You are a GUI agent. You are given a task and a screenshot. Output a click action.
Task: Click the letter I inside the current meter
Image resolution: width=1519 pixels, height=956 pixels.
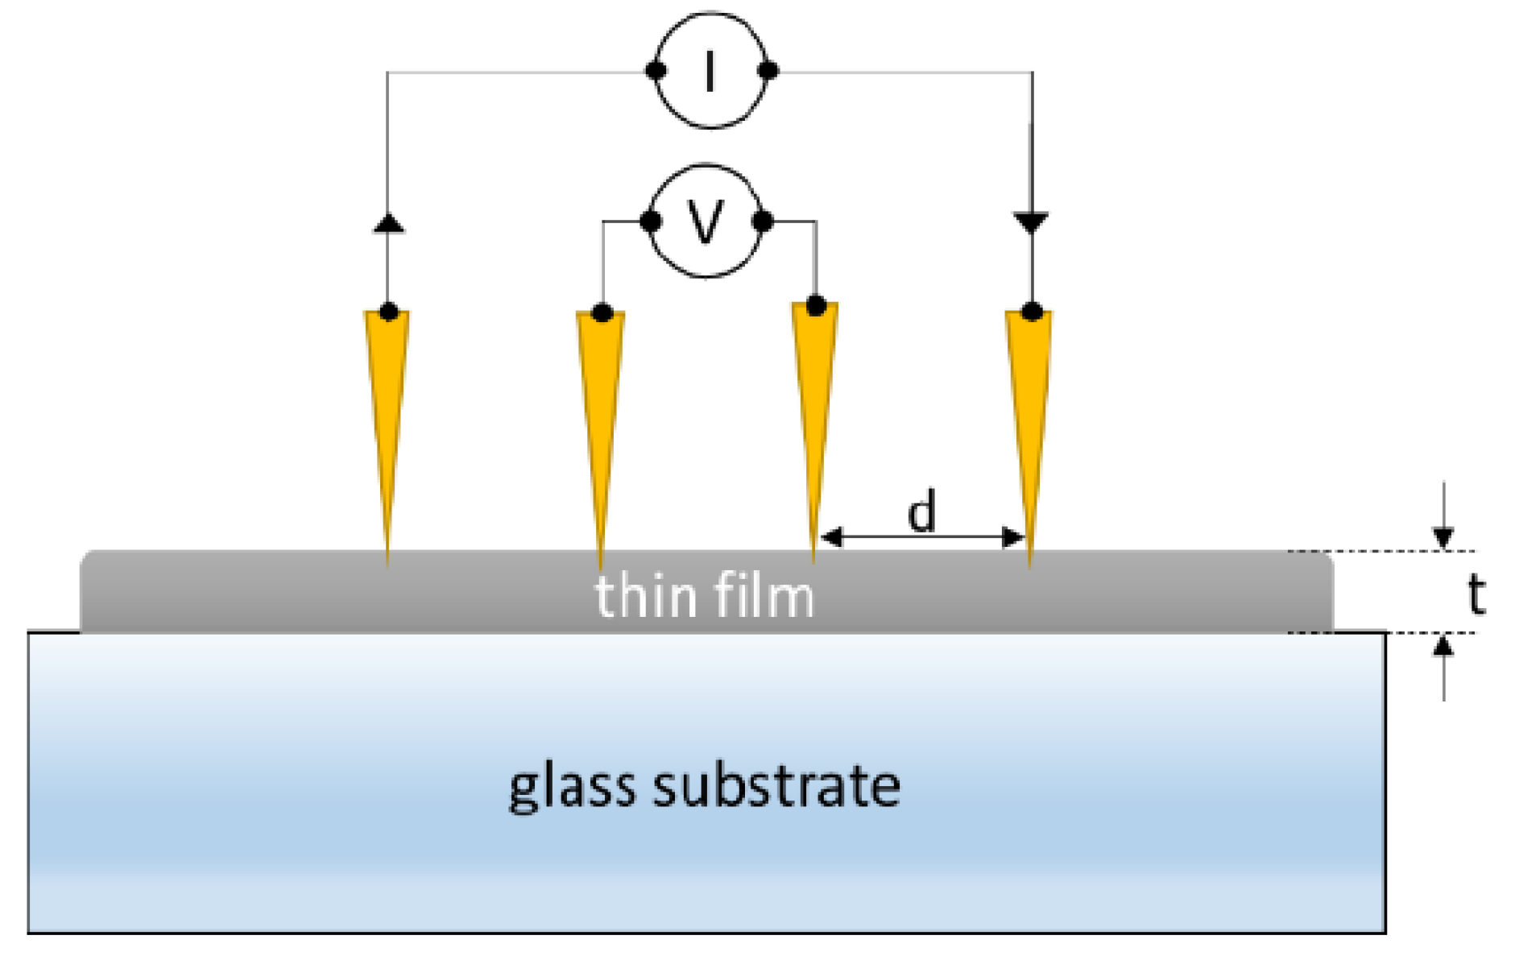710,72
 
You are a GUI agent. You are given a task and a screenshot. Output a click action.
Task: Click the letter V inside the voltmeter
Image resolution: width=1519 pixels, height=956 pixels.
706,221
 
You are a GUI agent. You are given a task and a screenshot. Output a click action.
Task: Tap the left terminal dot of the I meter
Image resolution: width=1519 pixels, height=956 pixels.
656,71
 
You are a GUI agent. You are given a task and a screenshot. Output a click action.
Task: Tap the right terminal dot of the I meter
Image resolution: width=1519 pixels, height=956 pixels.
768,71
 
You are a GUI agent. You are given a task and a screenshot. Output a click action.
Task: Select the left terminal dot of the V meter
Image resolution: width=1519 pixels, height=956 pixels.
651,221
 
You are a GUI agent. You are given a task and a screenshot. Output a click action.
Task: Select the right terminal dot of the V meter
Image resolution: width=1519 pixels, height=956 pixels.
763,221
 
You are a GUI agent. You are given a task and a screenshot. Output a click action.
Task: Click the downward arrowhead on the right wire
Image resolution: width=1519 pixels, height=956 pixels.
1032,222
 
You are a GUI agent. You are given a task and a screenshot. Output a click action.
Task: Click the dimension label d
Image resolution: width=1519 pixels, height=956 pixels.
922,511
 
